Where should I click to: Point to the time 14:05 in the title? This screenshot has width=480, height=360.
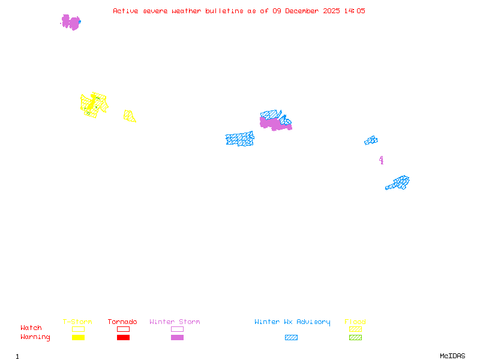(x=355, y=11)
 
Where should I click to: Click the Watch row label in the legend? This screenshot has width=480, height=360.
(x=31, y=328)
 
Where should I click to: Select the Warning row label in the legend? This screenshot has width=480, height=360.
(x=35, y=337)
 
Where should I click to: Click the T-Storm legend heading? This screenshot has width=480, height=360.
(x=77, y=322)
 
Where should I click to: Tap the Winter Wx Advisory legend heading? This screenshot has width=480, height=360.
(x=292, y=322)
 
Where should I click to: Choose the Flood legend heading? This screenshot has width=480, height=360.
(x=355, y=322)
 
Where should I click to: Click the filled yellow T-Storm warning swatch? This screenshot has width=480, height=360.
(x=78, y=338)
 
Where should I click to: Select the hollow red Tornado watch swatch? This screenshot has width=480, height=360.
(x=123, y=329)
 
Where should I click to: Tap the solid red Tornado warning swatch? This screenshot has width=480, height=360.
(x=123, y=338)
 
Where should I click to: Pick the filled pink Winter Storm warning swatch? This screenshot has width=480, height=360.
(x=177, y=338)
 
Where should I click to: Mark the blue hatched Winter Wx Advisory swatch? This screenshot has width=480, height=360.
(x=291, y=338)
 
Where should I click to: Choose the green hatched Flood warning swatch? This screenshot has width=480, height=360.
(x=355, y=338)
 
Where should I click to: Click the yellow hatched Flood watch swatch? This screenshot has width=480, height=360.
(x=355, y=329)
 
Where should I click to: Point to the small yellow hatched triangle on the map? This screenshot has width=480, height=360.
(x=128, y=116)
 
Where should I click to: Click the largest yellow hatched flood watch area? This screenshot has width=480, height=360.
(x=93, y=104)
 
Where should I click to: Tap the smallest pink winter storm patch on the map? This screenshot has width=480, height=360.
(x=381, y=160)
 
